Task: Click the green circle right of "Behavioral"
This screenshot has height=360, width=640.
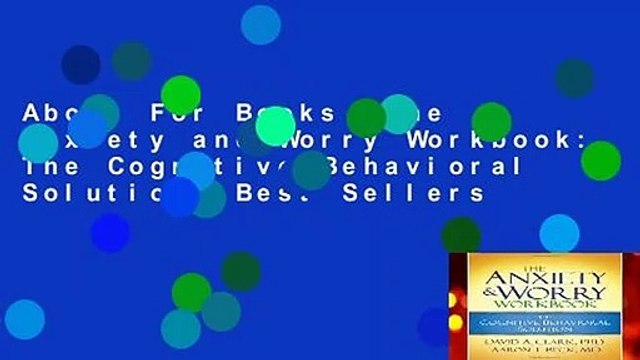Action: coord(600,160)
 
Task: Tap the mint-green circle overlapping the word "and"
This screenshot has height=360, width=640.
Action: coord(275,126)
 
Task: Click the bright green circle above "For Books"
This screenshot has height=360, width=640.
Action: coord(181,95)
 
